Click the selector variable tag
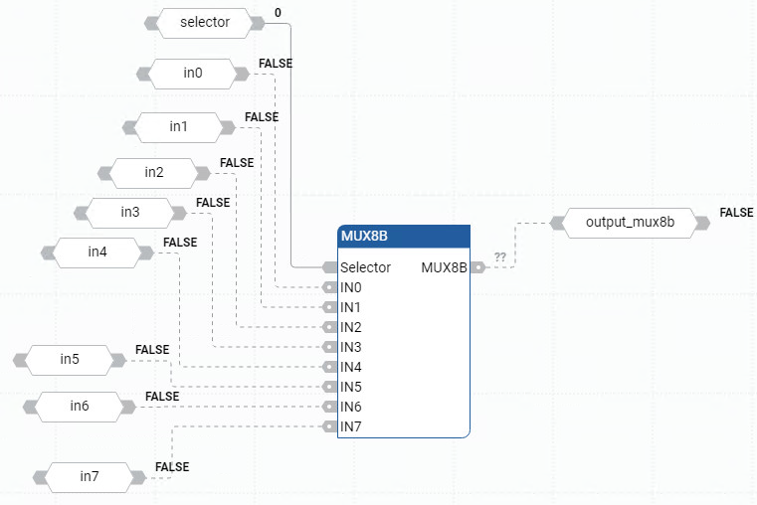click(x=204, y=23)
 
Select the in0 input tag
click(x=192, y=73)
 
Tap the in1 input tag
click(x=178, y=127)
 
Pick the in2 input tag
click(x=154, y=173)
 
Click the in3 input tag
click(x=130, y=212)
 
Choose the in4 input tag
click(x=96, y=252)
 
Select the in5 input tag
click(x=69, y=360)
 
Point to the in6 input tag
click(x=79, y=406)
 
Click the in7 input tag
click(x=90, y=477)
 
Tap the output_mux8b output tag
click(x=630, y=223)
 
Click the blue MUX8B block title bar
click(x=403, y=237)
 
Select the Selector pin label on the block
click(x=365, y=267)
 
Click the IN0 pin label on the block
click(x=350, y=287)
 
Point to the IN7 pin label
click(x=350, y=426)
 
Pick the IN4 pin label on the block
click(x=350, y=367)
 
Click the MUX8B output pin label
click(x=444, y=267)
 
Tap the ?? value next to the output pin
click(x=499, y=257)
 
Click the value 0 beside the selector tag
click(x=278, y=13)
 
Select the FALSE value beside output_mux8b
click(x=736, y=213)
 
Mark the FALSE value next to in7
click(x=172, y=466)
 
